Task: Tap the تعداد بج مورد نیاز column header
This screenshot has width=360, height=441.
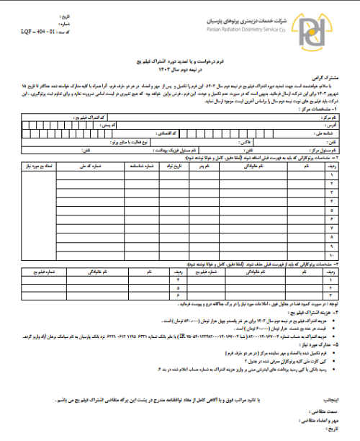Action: point(36,166)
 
